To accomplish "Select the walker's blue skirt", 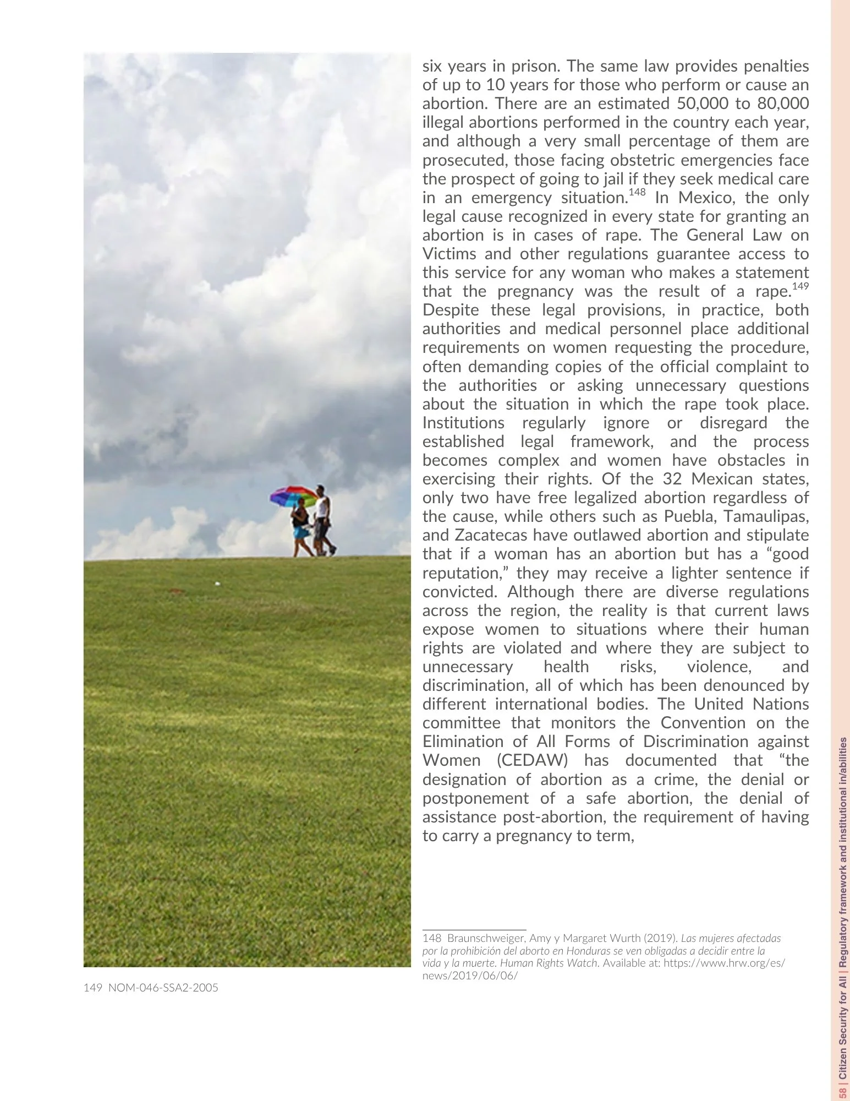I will pos(301,532).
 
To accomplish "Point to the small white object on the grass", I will pos(217,583).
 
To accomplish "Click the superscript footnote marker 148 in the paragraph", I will pos(637,192).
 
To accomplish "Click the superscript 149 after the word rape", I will pos(800,286).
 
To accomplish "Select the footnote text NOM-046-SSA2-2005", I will pos(163,988).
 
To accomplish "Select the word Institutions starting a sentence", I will pos(463,423).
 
